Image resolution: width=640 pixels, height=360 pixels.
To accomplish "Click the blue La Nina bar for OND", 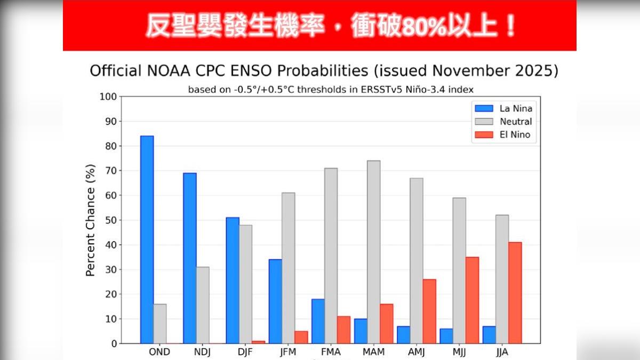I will point(147,240).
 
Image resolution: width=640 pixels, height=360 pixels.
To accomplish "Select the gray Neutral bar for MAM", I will point(373,252).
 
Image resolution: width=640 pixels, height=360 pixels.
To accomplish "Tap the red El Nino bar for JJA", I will point(515,293).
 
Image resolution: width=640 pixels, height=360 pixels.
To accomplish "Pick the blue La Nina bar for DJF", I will point(233,281).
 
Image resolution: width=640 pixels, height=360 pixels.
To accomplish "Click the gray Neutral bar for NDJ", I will point(203,305).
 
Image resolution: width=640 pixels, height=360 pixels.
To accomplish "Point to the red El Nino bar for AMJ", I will point(429,311).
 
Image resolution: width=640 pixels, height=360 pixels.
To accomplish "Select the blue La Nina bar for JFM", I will point(275,301).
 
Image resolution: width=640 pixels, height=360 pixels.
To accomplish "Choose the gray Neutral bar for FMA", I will point(331,256).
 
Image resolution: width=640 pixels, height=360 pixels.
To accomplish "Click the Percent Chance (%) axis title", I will point(90,220).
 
